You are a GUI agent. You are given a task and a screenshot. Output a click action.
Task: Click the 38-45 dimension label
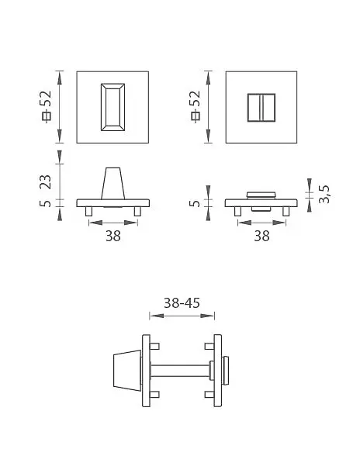click(182, 303)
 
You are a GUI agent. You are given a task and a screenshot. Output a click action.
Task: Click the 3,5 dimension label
click(324, 195)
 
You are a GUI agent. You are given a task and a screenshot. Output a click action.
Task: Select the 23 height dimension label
click(46, 181)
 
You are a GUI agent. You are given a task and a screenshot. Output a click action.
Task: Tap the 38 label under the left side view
click(112, 236)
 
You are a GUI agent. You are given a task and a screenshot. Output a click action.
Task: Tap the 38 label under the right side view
click(261, 236)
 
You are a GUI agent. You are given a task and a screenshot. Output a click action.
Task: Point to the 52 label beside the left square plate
click(46, 98)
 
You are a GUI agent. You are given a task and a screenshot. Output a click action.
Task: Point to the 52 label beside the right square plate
click(195, 98)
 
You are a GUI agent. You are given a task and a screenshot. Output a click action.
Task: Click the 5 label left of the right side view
click(195, 203)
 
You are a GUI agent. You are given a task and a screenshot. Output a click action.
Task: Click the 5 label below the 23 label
click(46, 203)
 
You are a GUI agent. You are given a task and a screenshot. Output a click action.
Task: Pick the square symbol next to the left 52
click(47, 116)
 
